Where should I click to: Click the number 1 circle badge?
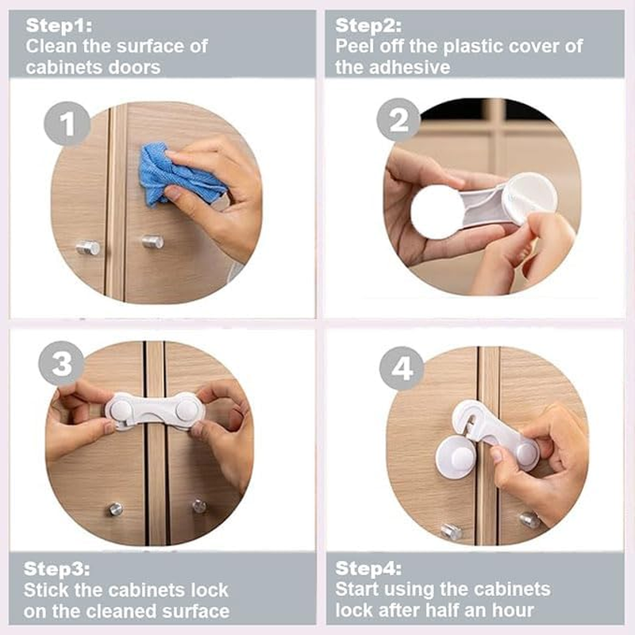(67, 125)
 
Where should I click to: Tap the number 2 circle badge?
(398, 120)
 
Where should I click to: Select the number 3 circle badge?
(61, 364)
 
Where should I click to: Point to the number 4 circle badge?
(402, 369)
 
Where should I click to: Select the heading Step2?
(368, 25)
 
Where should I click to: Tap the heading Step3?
(56, 568)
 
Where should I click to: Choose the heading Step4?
(369, 568)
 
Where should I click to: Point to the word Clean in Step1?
(52, 46)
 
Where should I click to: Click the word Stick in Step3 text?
(49, 590)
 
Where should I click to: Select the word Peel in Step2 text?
(356, 46)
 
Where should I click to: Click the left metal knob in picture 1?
(88, 248)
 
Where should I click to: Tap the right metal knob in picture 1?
(152, 242)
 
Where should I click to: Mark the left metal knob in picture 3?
(116, 509)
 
